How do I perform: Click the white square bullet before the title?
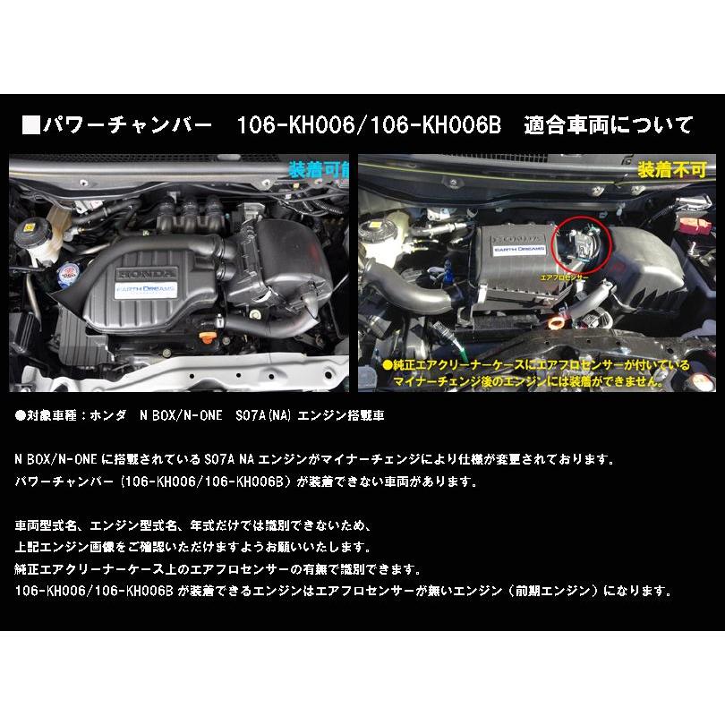pyautogui.click(x=30, y=123)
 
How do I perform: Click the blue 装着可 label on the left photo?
pyautogui.click(x=318, y=169)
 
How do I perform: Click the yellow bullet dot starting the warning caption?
pyautogui.click(x=387, y=365)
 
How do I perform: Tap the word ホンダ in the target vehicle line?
pyautogui.click(x=105, y=416)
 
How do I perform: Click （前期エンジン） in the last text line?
pyautogui.click(x=571, y=592)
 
